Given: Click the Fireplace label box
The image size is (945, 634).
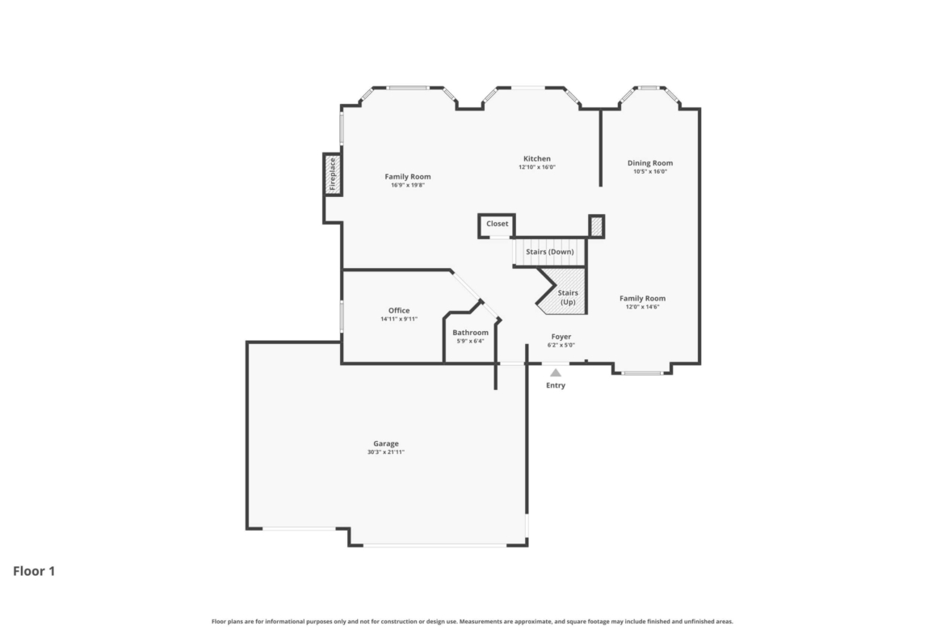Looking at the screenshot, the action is [x=333, y=174].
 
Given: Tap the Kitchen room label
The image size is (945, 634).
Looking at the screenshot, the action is [x=536, y=159].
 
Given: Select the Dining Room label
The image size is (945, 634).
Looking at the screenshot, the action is [x=649, y=162].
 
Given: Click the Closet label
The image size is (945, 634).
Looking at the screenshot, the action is [x=498, y=224].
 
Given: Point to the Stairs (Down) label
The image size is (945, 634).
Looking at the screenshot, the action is [x=550, y=252].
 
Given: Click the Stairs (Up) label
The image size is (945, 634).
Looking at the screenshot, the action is [x=568, y=297].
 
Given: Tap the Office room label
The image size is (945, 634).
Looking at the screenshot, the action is [x=399, y=310].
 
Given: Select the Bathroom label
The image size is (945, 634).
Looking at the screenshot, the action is [x=470, y=333].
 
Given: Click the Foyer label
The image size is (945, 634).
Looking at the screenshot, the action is [x=561, y=337].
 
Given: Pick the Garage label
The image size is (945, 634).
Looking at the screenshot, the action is [x=386, y=443].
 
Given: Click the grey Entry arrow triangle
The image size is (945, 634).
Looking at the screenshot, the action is [x=556, y=373].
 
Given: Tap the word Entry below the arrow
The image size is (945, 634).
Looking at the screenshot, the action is [x=556, y=385].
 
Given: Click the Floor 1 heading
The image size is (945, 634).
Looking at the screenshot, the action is [x=35, y=571].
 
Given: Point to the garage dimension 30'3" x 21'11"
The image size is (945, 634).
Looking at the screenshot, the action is [x=386, y=452].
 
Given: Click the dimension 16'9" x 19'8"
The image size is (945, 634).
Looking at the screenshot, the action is [x=408, y=185].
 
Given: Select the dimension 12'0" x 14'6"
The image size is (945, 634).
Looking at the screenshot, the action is [x=642, y=307].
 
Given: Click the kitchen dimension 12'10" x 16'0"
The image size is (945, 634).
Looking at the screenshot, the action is [x=537, y=167].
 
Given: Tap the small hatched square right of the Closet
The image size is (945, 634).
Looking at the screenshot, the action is [x=596, y=227].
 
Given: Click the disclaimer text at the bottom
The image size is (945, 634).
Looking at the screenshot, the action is [x=472, y=621].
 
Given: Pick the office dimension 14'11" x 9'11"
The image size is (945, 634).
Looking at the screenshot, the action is [x=399, y=319].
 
